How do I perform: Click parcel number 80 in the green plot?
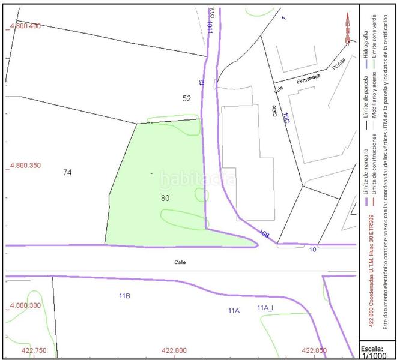click(x=166, y=197)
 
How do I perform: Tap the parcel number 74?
click(x=67, y=172)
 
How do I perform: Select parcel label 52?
click(x=186, y=98)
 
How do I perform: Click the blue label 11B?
click(x=125, y=296)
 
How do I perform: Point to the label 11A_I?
click(x=265, y=308)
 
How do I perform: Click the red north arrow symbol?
click(x=348, y=30)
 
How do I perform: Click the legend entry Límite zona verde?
click(x=374, y=38)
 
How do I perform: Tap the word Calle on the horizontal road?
click(x=181, y=262)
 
